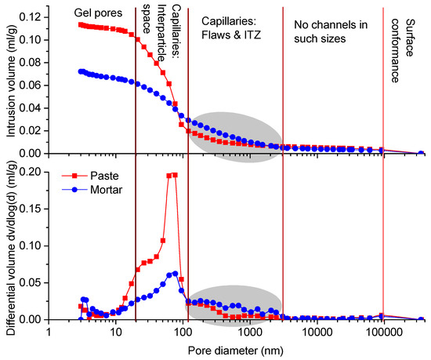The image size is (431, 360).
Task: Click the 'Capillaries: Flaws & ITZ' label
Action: [x=234, y=31]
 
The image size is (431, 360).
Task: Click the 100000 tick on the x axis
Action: [x=382, y=333]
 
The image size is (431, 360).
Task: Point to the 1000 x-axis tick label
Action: [x=249, y=333]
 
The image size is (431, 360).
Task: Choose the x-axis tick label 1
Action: [x=49, y=333]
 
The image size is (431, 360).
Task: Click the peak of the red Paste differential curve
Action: [x=175, y=175]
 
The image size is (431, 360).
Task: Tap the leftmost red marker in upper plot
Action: [x=81, y=24]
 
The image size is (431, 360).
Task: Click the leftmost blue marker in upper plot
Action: [x=81, y=71]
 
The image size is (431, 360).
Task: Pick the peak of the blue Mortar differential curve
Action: [x=174, y=274]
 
